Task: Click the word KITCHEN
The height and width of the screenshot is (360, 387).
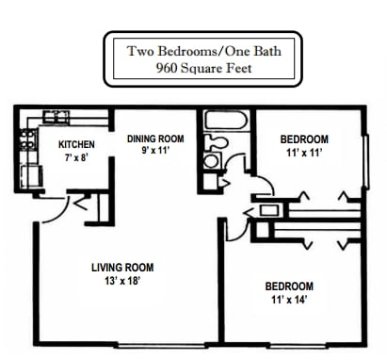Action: point(76,144)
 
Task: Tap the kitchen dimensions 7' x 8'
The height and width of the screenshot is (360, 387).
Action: point(76,157)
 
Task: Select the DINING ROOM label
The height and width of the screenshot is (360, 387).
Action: point(155,139)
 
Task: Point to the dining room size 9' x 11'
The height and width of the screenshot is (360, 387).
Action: point(155,151)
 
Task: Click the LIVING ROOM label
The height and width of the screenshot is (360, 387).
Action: point(123,267)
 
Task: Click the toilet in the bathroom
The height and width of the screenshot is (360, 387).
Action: point(217,141)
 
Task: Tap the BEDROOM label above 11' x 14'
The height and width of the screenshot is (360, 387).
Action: point(288,286)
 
